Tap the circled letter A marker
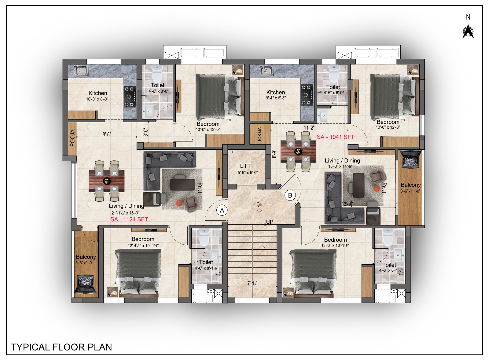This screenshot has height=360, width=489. coord(222,210)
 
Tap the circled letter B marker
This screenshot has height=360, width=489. coord(290,195)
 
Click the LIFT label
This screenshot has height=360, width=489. coord(246,166)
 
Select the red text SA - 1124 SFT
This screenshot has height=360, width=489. coord(129,219)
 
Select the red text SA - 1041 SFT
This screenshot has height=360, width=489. coord(336,137)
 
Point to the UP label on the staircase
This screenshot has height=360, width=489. coord(270,222)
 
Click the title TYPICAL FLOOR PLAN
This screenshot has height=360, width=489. coord(61,347)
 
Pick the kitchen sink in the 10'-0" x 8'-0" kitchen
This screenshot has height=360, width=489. coord(81,70)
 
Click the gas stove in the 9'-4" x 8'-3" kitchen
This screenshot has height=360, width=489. coord(307,95)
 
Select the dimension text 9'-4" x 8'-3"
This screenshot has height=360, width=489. coord(276,98)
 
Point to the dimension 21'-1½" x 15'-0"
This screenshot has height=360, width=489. coord(126,213)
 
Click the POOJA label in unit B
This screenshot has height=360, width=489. coord(259,134)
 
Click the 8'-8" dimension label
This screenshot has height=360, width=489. coord(107,134)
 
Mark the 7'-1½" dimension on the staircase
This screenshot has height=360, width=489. coord(252,284)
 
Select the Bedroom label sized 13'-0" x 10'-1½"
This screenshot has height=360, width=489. coord(335,240)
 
